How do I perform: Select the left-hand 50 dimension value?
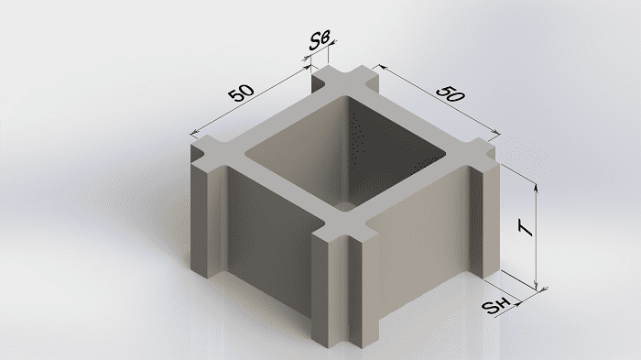(241, 93)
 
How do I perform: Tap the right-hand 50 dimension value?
(451, 94)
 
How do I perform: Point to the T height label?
(526, 228)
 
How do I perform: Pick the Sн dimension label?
(496, 306)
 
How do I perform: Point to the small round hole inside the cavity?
(346, 205)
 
